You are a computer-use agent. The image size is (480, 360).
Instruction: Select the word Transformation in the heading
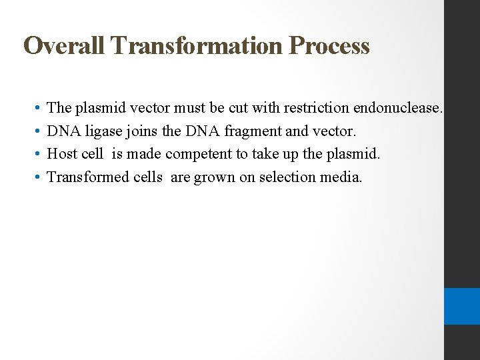(198, 46)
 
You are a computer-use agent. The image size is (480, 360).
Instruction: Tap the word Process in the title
(329, 46)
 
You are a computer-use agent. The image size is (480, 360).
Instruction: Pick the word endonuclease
(398, 107)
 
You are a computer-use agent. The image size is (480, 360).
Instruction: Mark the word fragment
(254, 131)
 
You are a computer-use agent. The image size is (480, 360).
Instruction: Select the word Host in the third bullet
(62, 154)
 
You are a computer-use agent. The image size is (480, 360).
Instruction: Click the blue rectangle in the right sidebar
(462, 306)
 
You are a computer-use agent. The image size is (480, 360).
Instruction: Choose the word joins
(139, 131)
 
